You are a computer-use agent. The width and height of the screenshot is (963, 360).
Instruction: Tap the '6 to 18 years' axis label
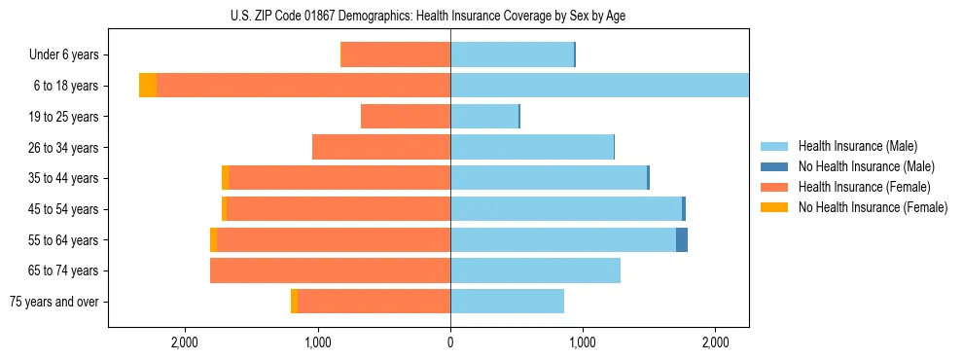65,86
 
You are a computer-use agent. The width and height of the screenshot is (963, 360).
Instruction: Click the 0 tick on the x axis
450,342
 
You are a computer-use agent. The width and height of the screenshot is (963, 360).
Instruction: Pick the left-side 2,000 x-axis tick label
185,342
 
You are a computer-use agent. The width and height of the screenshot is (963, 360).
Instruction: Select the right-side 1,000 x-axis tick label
583,342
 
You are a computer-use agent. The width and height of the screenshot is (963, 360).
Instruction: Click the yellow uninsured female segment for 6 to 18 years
148,86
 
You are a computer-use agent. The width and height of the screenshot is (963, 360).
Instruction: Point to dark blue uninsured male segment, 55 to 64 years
682,239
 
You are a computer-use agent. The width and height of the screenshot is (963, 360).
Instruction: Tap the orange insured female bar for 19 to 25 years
406,117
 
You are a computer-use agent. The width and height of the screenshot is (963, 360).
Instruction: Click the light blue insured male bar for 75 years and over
507,302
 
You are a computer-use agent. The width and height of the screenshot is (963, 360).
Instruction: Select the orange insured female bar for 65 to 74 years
330,270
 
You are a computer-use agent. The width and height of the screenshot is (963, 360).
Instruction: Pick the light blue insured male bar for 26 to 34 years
532,147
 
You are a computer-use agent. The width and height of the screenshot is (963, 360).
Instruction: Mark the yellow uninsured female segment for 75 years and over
294,302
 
